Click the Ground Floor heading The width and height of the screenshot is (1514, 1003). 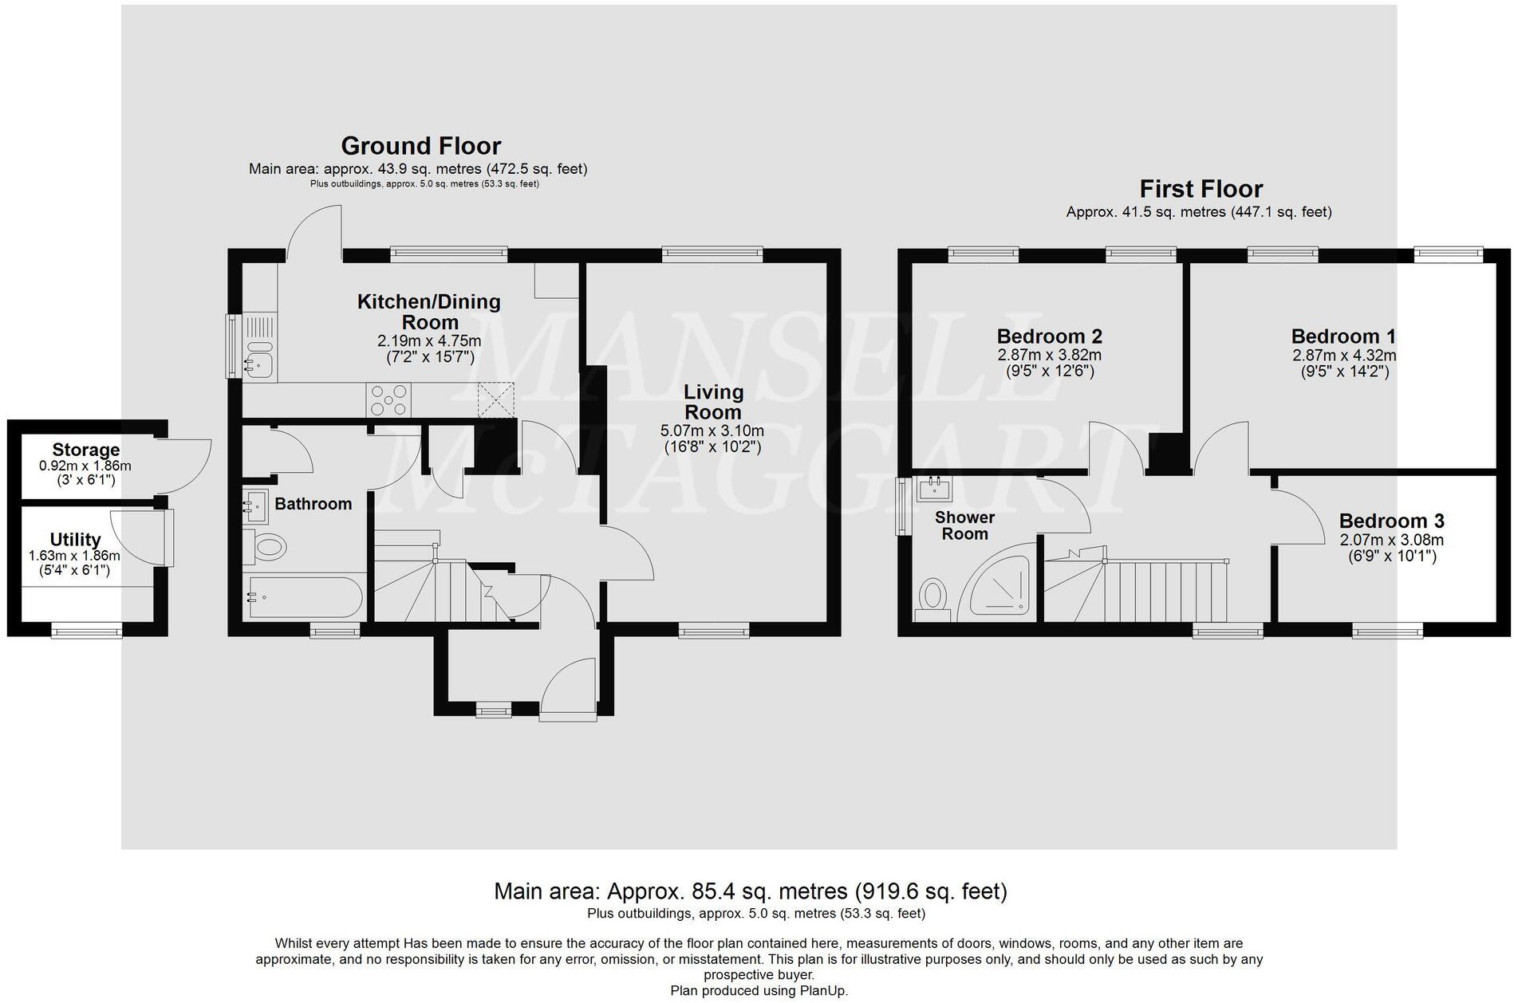(x=420, y=146)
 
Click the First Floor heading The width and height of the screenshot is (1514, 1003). (x=1201, y=189)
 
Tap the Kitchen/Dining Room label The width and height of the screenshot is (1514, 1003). (x=428, y=312)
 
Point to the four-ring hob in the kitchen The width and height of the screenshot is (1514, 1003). (x=388, y=399)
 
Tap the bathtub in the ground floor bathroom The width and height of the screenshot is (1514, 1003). (x=305, y=597)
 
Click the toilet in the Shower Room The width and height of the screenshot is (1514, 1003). (x=932, y=598)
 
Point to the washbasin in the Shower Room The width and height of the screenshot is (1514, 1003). (x=934, y=487)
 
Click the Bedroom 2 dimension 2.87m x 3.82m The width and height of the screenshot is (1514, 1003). (x=1049, y=356)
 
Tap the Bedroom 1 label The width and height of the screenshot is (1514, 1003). (x=1343, y=336)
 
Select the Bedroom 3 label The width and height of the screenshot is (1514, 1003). (x=1391, y=521)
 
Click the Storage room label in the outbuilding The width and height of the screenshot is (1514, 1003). (x=85, y=450)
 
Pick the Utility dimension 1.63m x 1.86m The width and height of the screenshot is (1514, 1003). (x=74, y=557)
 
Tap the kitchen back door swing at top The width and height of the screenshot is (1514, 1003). (x=315, y=231)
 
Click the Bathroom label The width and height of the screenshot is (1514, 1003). (x=313, y=504)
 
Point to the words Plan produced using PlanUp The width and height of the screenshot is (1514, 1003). (x=759, y=991)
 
